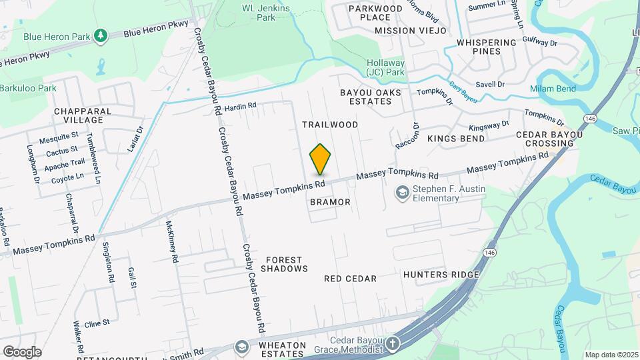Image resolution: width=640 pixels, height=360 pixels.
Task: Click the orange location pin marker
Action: click(320, 159)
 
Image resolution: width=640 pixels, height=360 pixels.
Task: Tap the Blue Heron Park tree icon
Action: click(101, 35)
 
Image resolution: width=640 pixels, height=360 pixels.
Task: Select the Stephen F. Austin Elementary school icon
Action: click(402, 194)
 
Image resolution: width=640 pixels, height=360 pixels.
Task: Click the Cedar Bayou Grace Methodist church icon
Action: click(393, 345)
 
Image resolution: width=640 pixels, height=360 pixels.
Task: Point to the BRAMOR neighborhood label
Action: click(330, 201)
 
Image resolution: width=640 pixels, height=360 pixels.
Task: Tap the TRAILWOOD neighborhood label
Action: click(330, 125)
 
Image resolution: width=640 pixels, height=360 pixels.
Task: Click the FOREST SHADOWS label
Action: click(284, 264)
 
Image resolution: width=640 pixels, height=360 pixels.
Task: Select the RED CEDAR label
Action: click(351, 278)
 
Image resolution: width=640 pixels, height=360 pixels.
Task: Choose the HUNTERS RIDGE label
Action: click(441, 275)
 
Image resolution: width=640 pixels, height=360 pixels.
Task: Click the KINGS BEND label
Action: click(456, 139)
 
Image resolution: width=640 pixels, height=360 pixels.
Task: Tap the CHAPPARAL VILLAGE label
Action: click(79, 115)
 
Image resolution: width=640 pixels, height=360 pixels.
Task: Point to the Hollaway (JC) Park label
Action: click(385, 67)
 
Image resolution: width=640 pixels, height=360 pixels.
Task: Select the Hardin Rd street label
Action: click(240, 106)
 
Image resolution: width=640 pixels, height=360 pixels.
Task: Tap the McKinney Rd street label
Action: click(173, 241)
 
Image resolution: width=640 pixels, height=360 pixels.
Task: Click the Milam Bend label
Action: click(552, 89)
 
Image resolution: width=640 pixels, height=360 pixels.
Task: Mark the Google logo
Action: click(22, 351)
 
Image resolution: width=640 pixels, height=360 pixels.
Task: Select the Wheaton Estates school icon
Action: click(241, 347)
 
